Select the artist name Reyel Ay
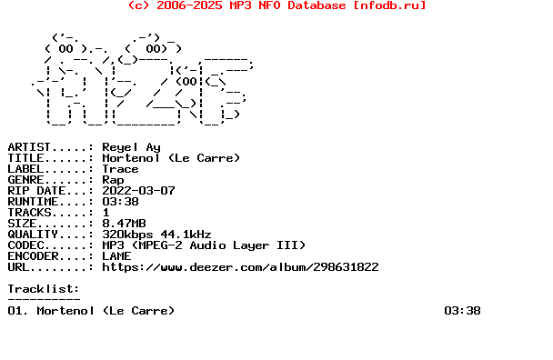(131, 146)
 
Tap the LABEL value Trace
(120, 169)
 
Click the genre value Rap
(113, 180)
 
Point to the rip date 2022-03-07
(138, 191)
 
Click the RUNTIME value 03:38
(120, 202)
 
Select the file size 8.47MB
(124, 224)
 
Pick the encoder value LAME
(116, 256)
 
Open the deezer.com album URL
(240, 267)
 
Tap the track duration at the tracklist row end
(462, 311)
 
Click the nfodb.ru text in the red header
(396, 5)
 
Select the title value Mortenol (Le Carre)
(171, 158)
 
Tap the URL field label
(22, 267)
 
